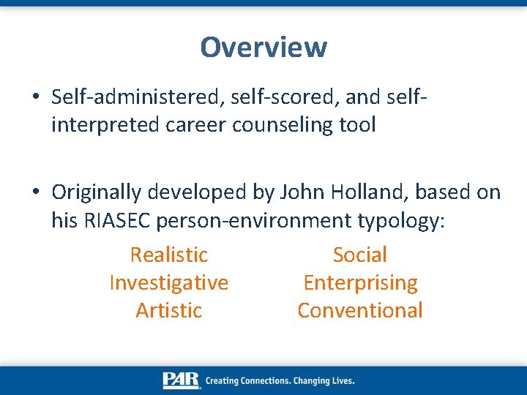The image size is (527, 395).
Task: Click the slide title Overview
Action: [x=263, y=48]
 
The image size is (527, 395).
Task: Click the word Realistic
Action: [x=168, y=255]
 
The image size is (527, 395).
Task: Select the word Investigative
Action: [x=168, y=282]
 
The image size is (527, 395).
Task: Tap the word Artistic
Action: [x=168, y=310]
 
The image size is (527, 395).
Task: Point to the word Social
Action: [x=359, y=255]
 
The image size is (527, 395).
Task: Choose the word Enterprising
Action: [x=360, y=282]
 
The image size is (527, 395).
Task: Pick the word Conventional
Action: [x=359, y=310]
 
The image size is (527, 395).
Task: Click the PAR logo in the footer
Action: [x=182, y=380]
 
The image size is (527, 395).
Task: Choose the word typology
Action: [x=400, y=220]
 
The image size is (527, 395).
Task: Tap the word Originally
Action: [x=97, y=192]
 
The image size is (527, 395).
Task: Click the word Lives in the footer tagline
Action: [x=340, y=380]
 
